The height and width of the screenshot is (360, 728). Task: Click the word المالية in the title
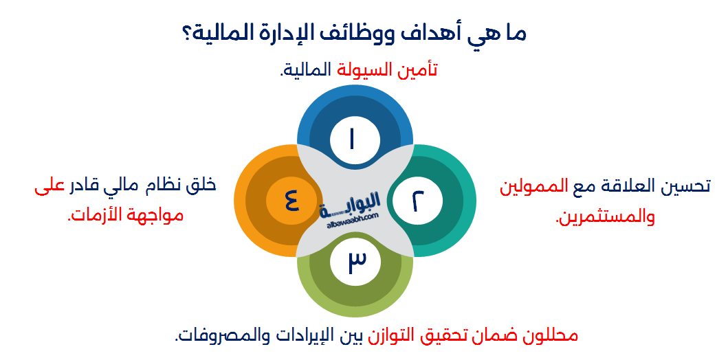point(224,33)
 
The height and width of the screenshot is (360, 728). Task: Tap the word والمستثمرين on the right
point(605,218)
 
